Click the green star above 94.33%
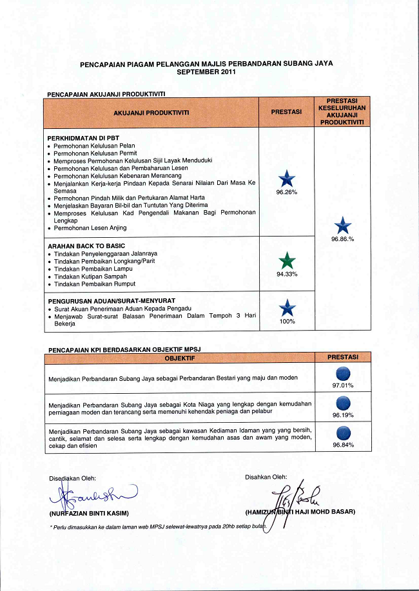click(286, 261)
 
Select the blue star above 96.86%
click(343, 226)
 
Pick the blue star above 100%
click(286, 308)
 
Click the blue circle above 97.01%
click(343, 374)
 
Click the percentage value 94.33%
click(286, 275)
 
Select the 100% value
click(286, 321)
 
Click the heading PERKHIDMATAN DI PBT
click(83, 138)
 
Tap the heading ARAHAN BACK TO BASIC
click(86, 246)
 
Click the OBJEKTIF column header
click(179, 357)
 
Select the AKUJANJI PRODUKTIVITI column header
click(151, 112)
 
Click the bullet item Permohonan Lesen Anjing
click(90, 228)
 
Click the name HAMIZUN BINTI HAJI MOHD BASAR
click(300, 512)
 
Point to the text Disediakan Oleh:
click(72, 478)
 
